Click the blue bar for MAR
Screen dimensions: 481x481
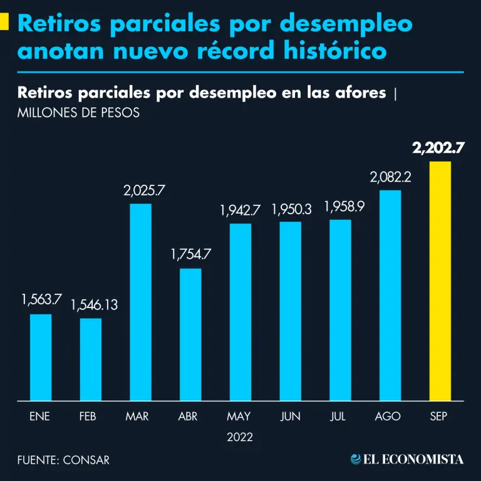coord(140,301)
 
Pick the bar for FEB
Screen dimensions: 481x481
coord(90,359)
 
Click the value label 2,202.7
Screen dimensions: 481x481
coord(438,148)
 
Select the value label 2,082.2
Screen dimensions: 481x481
coord(390,177)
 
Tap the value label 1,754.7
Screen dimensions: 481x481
coord(191,255)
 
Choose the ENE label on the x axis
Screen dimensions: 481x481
coord(39,416)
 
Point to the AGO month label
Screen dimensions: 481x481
coord(388,416)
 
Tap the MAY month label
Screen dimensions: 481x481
coord(239,416)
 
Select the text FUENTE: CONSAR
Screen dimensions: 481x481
coord(63,460)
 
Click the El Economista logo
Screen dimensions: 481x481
coord(407,459)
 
